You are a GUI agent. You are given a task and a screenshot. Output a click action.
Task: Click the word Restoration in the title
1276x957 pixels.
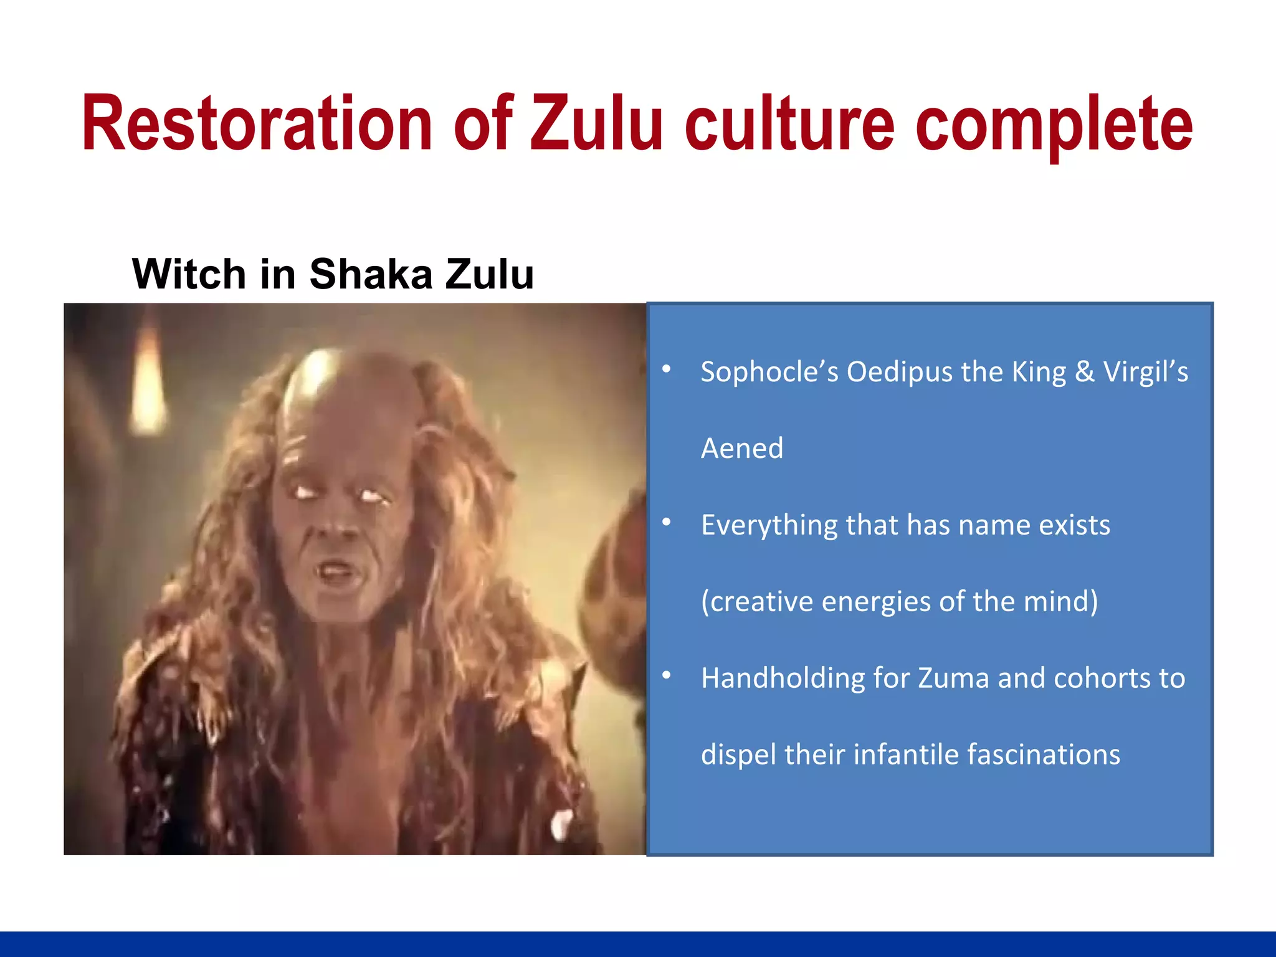[x=257, y=123]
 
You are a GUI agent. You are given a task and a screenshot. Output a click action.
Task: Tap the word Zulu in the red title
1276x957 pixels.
[x=596, y=123]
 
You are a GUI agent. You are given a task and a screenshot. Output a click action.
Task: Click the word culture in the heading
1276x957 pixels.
[x=789, y=123]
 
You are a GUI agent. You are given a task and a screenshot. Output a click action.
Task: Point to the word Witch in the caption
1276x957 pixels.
[x=189, y=274]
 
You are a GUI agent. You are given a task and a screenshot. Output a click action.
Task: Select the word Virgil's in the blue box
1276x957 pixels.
[x=1145, y=372]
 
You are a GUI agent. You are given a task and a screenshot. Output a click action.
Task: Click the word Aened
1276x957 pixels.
[x=741, y=449]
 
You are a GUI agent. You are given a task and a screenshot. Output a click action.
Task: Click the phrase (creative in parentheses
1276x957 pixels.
[x=756, y=602]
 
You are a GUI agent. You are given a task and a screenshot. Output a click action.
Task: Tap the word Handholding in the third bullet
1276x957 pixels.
[x=783, y=678]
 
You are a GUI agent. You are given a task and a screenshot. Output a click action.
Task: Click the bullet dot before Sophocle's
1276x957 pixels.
[x=666, y=369]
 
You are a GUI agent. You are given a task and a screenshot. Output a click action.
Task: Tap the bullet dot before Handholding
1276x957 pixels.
[x=666, y=675]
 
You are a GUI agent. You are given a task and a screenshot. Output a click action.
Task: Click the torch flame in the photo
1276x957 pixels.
[x=149, y=386]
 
